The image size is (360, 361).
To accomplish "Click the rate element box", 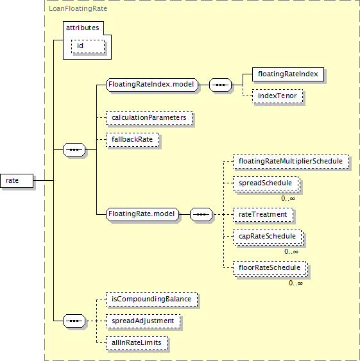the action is point(17,181).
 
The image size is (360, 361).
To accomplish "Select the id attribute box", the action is point(88,47).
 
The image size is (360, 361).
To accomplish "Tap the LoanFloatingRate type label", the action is point(78,9).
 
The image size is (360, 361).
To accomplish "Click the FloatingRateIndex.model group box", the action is point(152,85).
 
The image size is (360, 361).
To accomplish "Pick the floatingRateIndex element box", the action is point(288,74).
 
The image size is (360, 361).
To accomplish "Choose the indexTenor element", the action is point(277,96).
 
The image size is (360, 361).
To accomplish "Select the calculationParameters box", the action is point(149,118).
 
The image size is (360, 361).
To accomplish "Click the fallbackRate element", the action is point(133,140).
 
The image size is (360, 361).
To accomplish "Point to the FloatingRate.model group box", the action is point(142,214).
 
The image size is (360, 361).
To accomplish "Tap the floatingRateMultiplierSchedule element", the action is point(291,162).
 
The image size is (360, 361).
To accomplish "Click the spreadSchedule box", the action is point(266,184).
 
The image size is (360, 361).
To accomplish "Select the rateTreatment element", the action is point(263,215).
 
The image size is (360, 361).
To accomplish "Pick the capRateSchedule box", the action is point(268,237).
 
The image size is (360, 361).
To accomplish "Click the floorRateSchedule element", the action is point(270,269).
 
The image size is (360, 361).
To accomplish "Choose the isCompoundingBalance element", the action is point(151,299).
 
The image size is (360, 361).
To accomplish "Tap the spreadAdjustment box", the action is point(143,321).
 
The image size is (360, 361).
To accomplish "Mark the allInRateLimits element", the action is point(137,343).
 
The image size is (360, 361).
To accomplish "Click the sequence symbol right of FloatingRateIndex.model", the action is point(220,85).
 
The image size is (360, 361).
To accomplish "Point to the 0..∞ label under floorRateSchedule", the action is point(296,283).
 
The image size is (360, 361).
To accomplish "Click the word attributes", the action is point(83,28).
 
